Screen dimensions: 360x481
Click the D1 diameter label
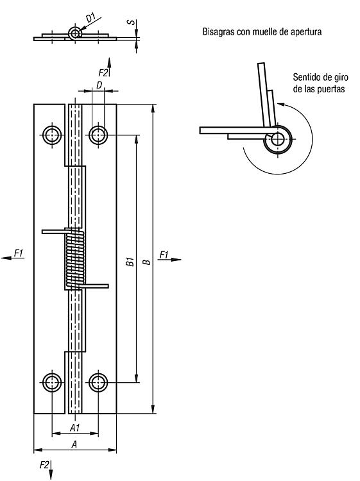91,18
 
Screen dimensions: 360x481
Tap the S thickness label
132,22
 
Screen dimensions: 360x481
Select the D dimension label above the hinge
99,85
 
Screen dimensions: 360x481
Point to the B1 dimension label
131,262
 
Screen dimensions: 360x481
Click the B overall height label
148,262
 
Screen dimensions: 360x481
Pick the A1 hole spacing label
75,427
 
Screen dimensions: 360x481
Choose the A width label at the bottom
74,444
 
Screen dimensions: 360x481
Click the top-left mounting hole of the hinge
52,135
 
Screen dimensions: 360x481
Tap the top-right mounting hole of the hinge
98,135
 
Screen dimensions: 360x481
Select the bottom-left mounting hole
52,382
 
